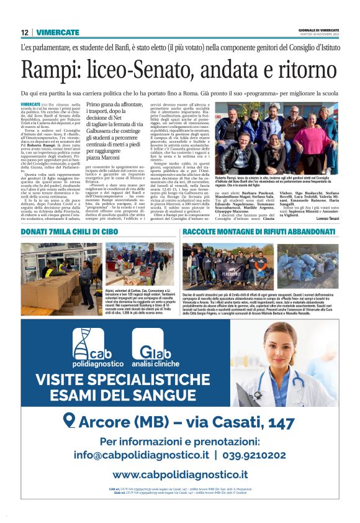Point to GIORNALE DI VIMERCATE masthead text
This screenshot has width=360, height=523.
tap(317, 30)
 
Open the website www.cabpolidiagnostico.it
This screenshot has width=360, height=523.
tap(180, 475)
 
